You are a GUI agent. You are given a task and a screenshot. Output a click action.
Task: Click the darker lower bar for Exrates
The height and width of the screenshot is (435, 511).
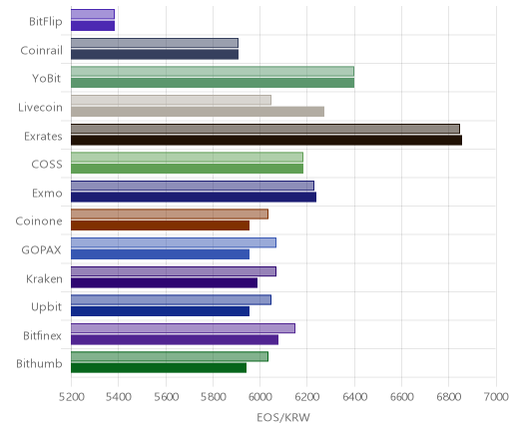point(266,141)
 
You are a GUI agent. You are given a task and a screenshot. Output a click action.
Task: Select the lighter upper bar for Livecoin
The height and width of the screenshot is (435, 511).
point(171,100)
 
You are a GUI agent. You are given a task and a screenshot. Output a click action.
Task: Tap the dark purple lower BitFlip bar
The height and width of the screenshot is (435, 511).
point(93,26)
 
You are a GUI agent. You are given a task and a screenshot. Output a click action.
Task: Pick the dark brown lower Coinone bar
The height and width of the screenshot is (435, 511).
point(160,225)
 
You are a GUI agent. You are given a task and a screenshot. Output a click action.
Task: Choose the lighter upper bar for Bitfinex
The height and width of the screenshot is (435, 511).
point(183,328)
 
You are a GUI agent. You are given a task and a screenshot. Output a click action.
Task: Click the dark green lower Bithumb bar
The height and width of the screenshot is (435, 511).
point(159,368)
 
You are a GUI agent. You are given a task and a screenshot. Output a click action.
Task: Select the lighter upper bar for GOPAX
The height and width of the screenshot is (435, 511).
point(174,242)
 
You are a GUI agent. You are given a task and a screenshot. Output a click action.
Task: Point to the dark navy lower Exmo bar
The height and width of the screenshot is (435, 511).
point(194,198)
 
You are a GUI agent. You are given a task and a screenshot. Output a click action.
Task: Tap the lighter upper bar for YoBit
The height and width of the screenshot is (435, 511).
point(213,72)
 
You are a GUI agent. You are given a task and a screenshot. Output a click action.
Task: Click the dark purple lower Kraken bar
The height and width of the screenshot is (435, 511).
point(164,283)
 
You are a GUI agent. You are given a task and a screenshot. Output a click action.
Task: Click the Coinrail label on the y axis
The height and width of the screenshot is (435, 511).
point(41,51)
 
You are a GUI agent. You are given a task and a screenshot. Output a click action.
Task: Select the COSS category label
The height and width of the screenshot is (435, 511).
point(47,165)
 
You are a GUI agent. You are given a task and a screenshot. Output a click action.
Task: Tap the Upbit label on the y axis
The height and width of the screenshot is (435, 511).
point(46,307)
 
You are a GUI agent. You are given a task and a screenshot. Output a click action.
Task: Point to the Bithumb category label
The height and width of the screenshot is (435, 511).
point(39,363)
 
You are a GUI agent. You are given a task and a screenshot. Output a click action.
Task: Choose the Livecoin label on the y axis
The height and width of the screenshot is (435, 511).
point(40,108)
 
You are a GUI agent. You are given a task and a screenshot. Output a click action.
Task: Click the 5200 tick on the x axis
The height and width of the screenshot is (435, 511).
point(71,397)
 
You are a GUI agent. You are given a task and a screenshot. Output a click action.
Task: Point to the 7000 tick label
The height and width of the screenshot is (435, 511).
point(496,397)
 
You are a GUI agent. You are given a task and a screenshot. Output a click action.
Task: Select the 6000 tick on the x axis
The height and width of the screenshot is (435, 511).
point(259,397)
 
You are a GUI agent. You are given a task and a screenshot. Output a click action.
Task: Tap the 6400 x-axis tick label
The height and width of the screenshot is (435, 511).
point(354,397)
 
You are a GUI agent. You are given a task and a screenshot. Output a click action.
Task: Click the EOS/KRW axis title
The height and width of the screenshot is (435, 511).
point(283,417)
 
